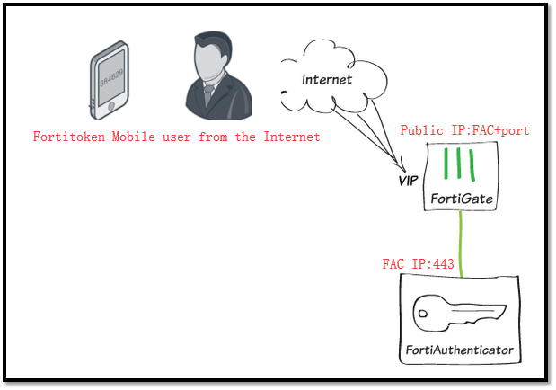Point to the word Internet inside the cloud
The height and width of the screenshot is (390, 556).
[x=327, y=79]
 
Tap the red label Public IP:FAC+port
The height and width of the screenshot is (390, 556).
[x=464, y=130]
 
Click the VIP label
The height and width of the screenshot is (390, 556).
[x=410, y=181]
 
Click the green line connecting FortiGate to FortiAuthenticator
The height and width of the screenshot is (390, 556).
[x=461, y=243]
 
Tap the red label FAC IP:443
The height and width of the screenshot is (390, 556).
[x=419, y=266]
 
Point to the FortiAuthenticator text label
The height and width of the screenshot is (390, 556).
[x=459, y=348]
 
